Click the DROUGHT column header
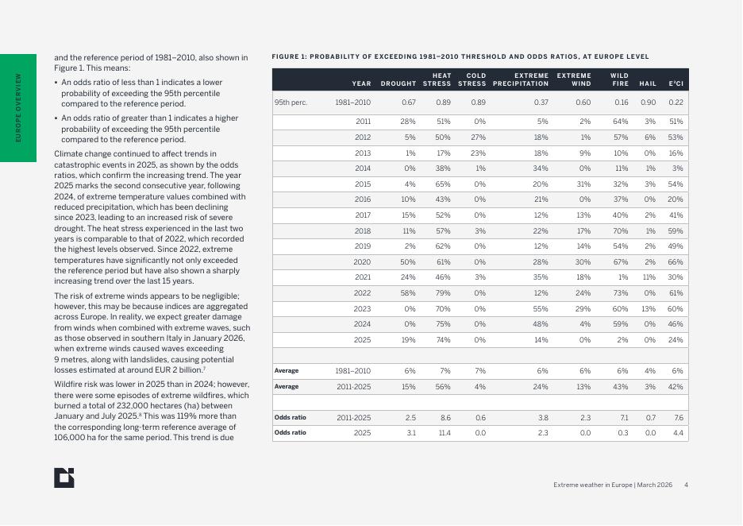pyautogui.click(x=398, y=83)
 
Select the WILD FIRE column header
pyautogui.click(x=619, y=79)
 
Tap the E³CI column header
pyautogui.click(x=676, y=83)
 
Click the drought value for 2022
pyautogui.click(x=410, y=292)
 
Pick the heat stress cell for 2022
pyautogui.click(x=443, y=292)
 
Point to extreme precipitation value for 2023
pyautogui.click(x=541, y=308)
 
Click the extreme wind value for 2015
pyautogui.click(x=584, y=184)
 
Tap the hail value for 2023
pyautogui.click(x=649, y=308)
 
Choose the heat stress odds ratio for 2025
pyautogui.click(x=443, y=432)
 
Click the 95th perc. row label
pyautogui.click(x=291, y=102)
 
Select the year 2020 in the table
pyautogui.click(x=363, y=261)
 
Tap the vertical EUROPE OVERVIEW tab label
pyautogui.click(x=18, y=108)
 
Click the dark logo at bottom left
pyautogui.click(x=65, y=477)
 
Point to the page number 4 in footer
pyautogui.click(x=686, y=485)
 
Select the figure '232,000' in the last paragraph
pyautogui.click(x=119, y=404)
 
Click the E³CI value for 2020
pyautogui.click(x=676, y=261)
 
